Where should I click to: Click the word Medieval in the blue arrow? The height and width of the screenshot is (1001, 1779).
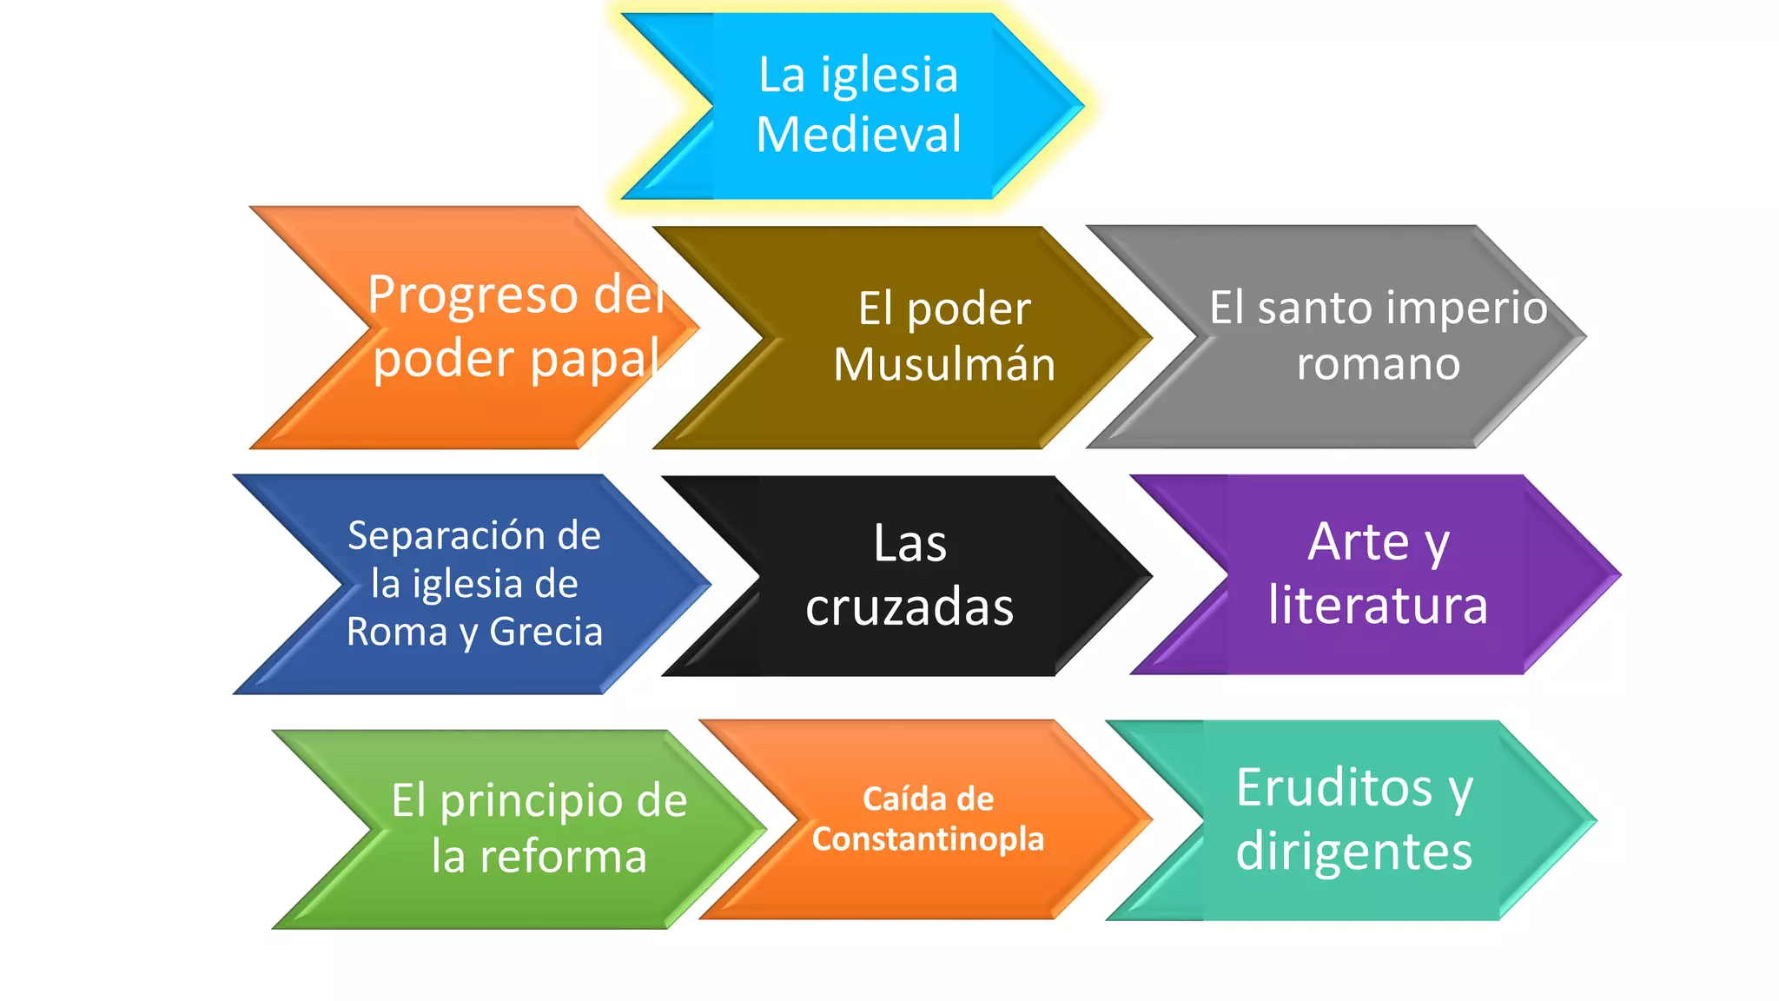[858, 135]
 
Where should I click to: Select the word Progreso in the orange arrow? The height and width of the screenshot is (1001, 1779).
[473, 295]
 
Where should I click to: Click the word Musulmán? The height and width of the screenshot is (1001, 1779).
[944, 364]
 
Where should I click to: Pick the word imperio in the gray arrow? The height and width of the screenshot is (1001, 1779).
[1458, 308]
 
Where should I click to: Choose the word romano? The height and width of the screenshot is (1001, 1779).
[1378, 363]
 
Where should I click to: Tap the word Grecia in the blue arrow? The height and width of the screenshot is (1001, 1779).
[546, 632]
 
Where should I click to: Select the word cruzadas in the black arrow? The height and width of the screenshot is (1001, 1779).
[909, 607]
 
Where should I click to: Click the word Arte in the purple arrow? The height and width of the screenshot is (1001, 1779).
[1359, 542]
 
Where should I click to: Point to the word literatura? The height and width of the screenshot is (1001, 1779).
[1378, 605]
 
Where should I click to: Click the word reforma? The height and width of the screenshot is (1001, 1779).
[563, 857]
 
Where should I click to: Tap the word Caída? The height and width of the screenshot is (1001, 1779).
[898, 799]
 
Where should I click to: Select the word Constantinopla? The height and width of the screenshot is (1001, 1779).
[928, 839]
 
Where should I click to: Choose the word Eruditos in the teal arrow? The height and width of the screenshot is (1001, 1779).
[1333, 788]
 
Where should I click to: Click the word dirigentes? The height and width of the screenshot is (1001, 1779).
[1353, 851]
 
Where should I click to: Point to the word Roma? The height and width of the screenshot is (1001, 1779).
[396, 632]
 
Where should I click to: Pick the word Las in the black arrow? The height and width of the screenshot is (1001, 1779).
[909, 544]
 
